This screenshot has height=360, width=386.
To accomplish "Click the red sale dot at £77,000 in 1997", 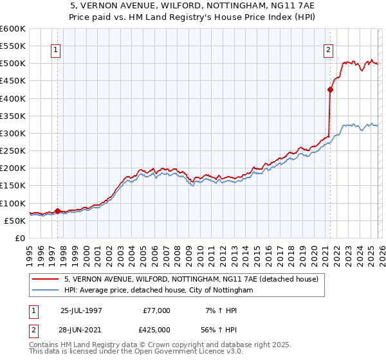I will [58, 211].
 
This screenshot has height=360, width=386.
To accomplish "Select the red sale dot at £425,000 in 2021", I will [330, 90].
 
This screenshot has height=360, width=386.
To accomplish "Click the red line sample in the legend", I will [46, 280].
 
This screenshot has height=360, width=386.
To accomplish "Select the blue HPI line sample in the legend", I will [46, 291].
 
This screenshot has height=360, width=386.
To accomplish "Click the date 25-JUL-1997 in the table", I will [81, 310].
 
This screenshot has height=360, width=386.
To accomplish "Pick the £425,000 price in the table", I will [157, 330].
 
